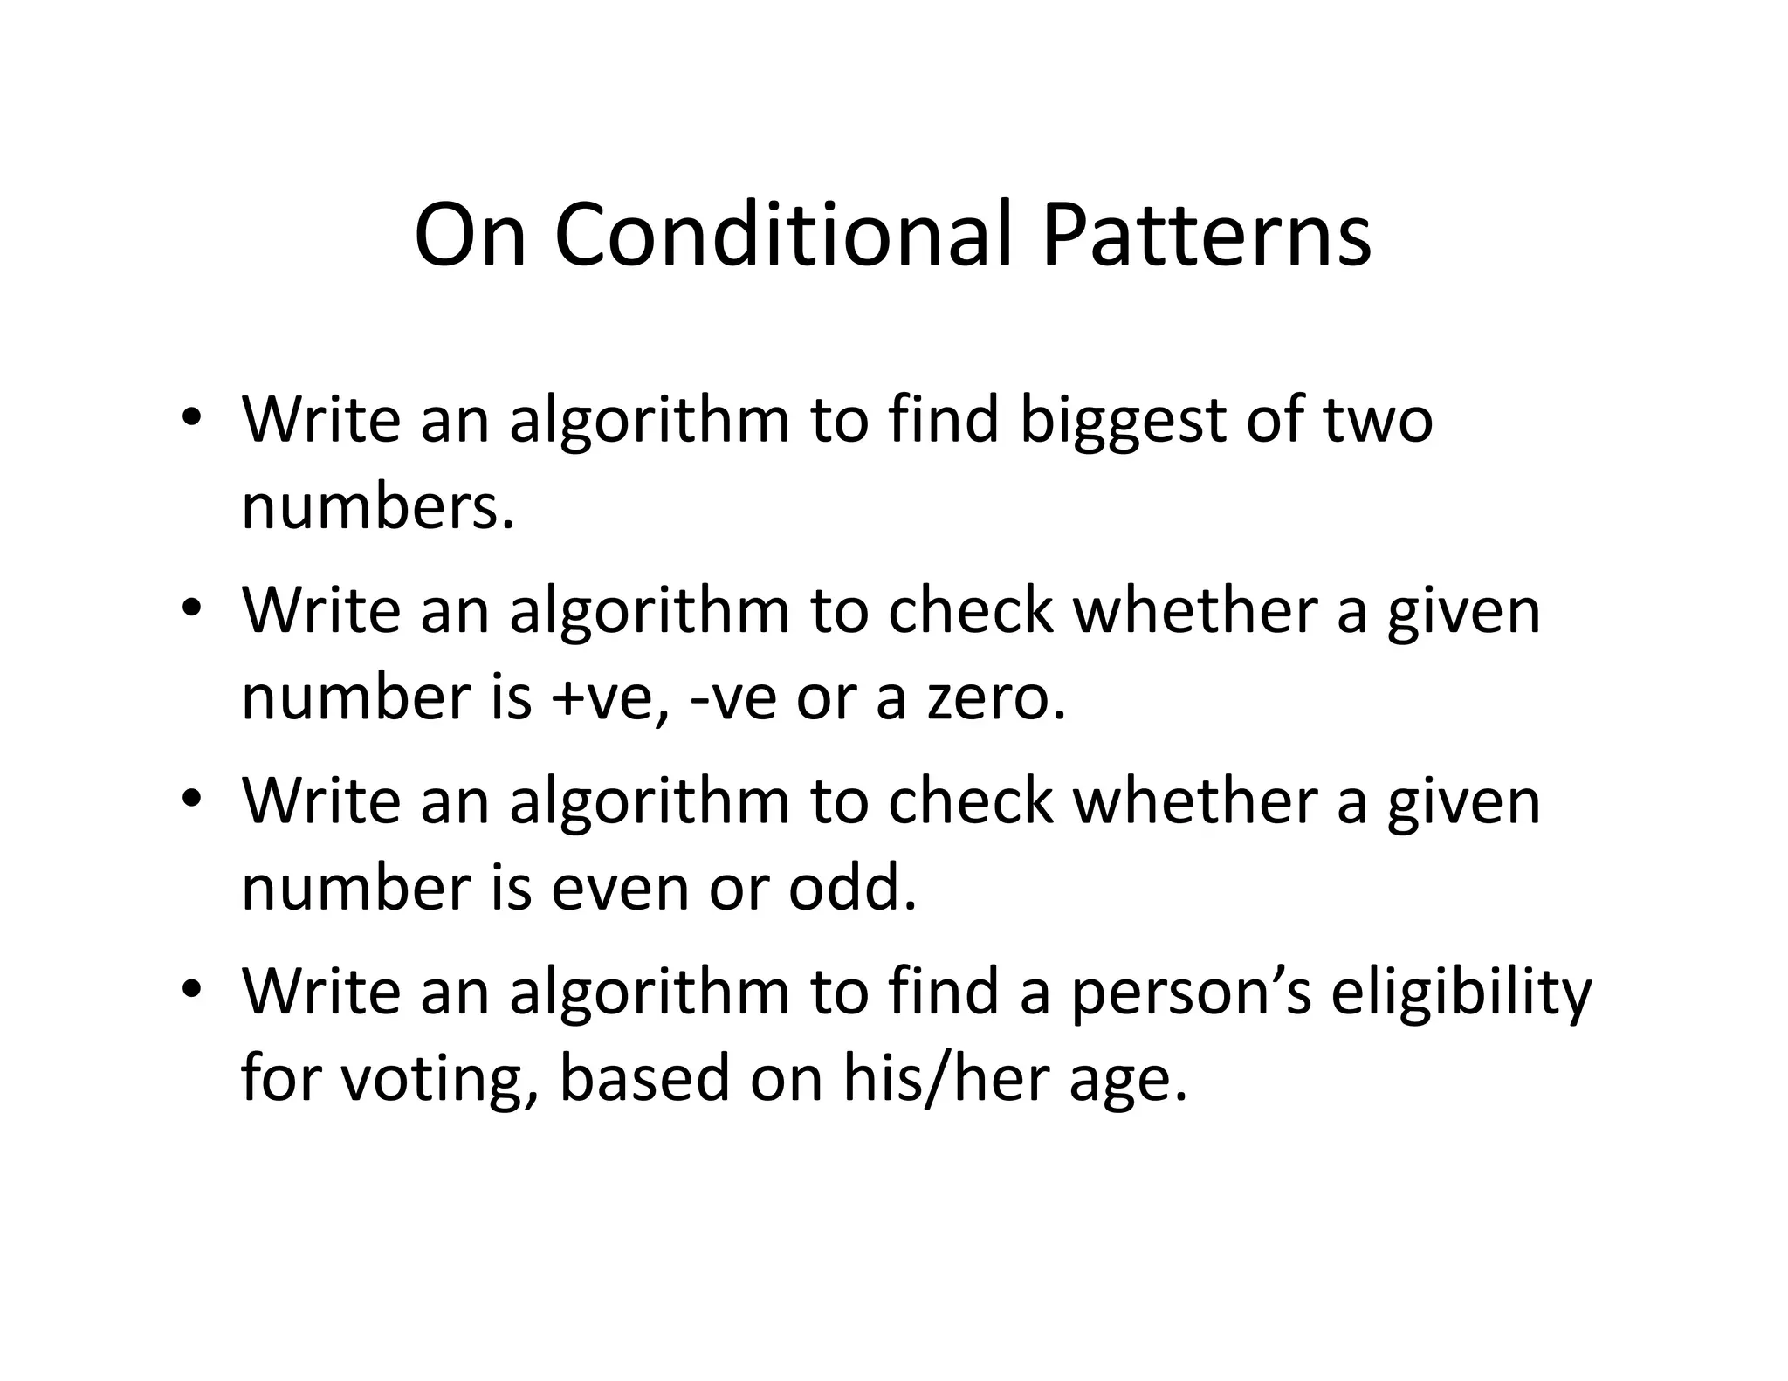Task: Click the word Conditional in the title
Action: pos(782,236)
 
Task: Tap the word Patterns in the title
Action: pos(1206,236)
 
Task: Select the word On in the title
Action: pos(471,236)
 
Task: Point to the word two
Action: pos(1378,420)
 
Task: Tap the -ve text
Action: pos(732,699)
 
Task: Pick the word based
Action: pos(643,1078)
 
